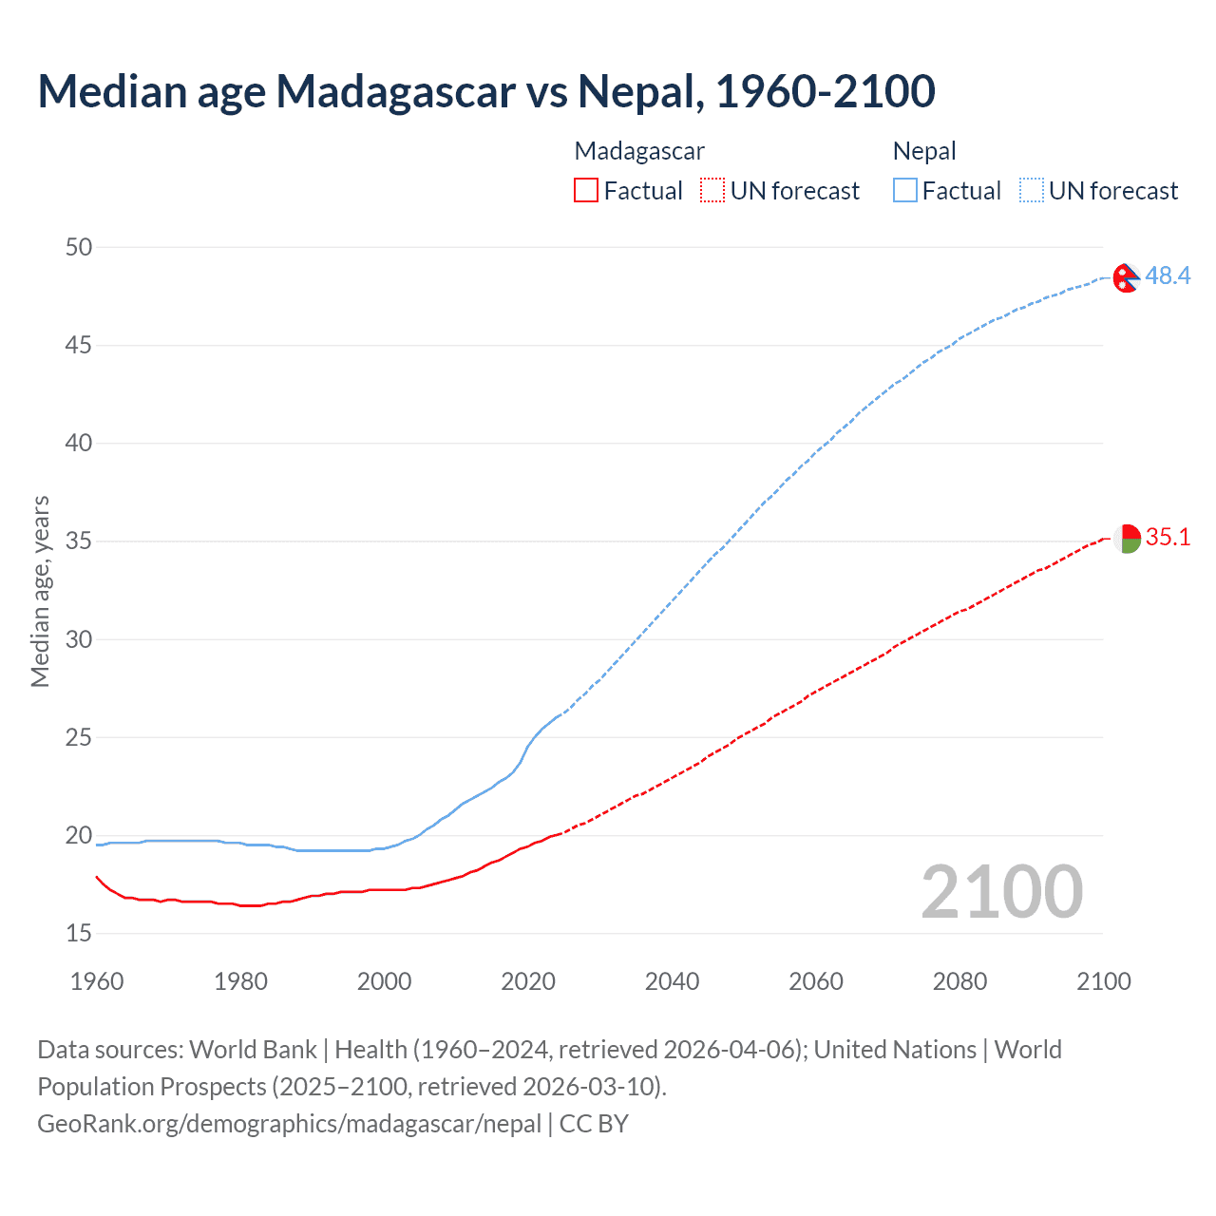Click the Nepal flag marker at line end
click(1126, 277)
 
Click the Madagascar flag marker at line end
click(1127, 539)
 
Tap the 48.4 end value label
click(1168, 275)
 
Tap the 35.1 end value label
click(1168, 537)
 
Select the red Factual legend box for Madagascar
click(586, 191)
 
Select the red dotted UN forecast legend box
click(712, 191)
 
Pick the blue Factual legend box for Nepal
click(904, 191)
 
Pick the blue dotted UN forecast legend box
click(1031, 191)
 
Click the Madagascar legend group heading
click(639, 151)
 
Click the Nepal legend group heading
click(924, 151)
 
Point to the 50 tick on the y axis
click(79, 247)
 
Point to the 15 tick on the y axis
click(79, 934)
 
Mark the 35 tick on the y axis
click(79, 541)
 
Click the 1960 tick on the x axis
click(97, 981)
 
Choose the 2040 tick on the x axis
click(672, 981)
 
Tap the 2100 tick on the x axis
click(1103, 981)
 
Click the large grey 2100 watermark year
click(1001, 891)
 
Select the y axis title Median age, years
click(40, 591)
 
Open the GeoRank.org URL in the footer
click(289, 1123)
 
